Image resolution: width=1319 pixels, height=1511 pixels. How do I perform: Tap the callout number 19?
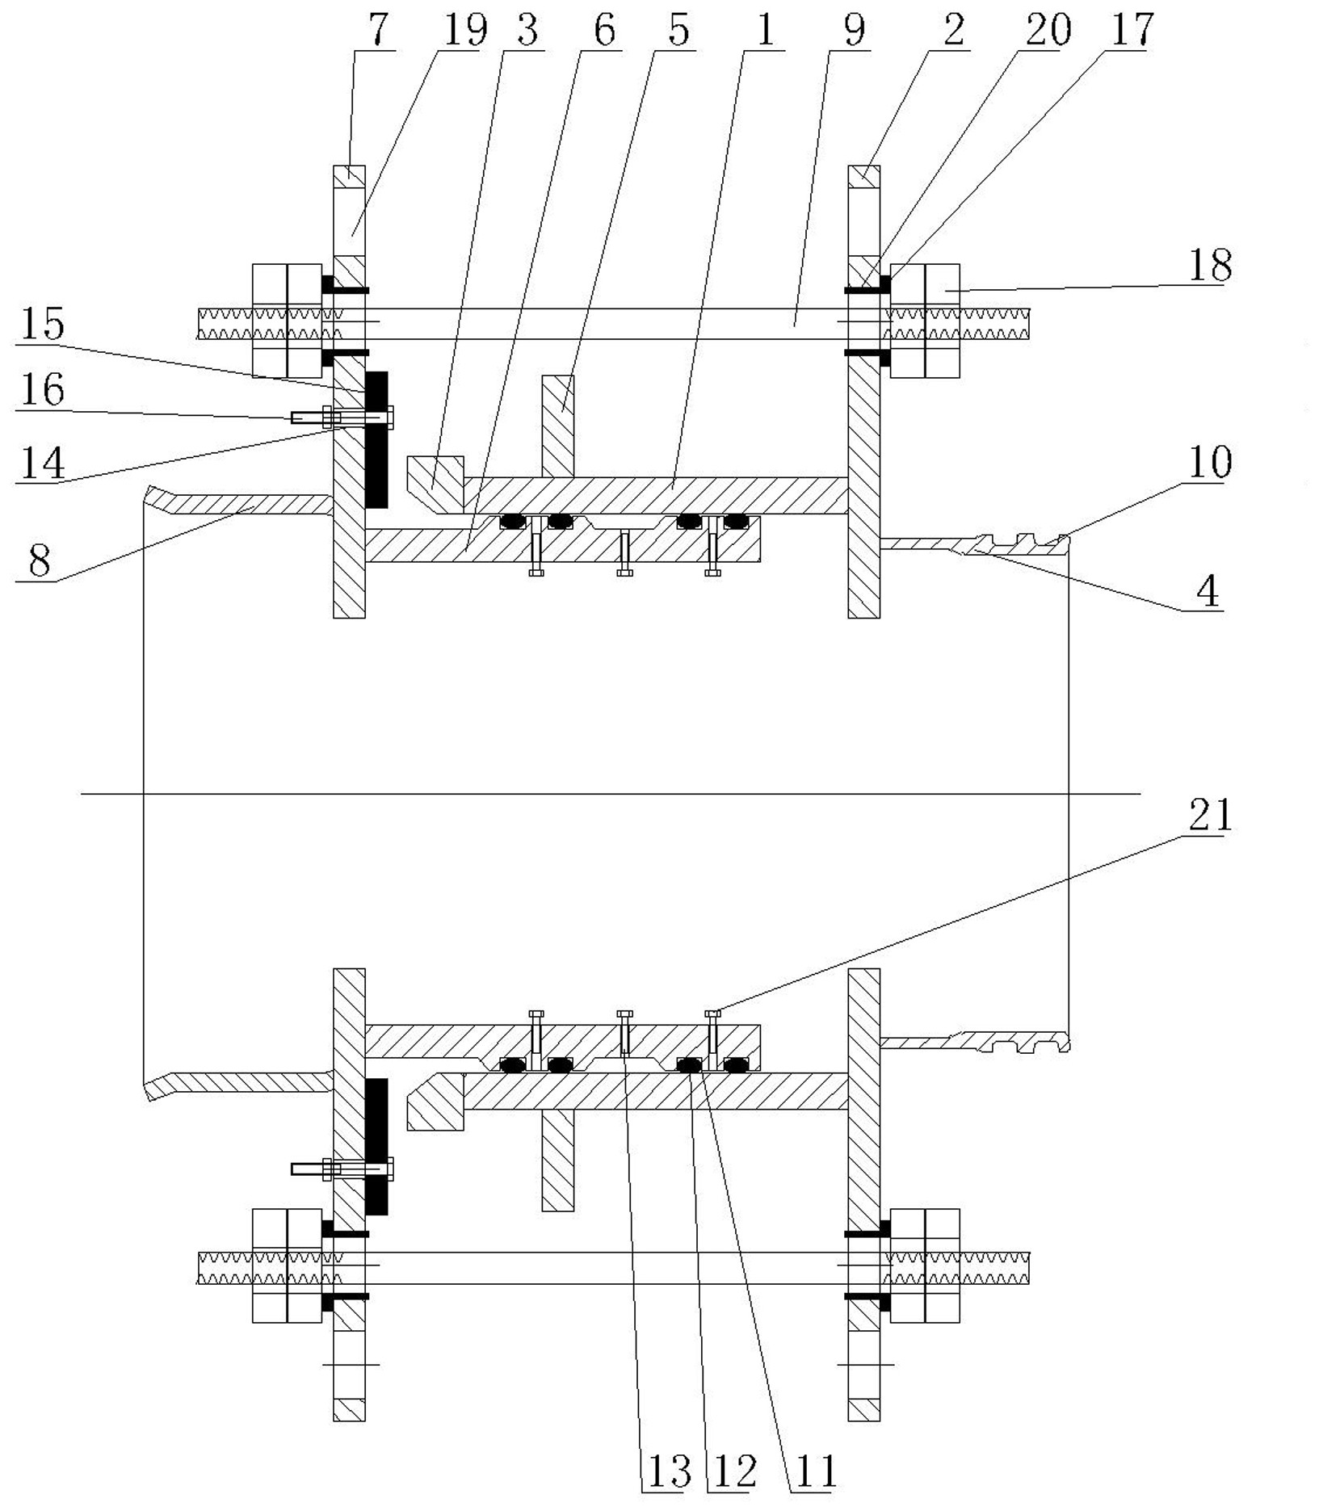466,30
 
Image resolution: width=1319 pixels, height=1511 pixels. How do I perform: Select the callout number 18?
1210,265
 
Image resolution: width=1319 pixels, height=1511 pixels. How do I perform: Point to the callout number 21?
1210,816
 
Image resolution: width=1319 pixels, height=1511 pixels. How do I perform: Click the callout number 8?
39,560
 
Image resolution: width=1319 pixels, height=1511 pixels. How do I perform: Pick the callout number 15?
42,324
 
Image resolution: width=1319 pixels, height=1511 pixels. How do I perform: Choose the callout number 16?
42,390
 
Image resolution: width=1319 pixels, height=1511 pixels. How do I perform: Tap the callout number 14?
42,463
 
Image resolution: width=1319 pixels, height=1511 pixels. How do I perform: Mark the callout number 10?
1210,462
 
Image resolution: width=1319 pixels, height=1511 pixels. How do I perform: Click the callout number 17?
1132,30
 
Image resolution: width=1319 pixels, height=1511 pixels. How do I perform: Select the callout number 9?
853,30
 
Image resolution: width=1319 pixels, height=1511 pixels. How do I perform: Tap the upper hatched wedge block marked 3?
435,482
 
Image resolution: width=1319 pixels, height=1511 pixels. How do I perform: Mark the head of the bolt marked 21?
712,1013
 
